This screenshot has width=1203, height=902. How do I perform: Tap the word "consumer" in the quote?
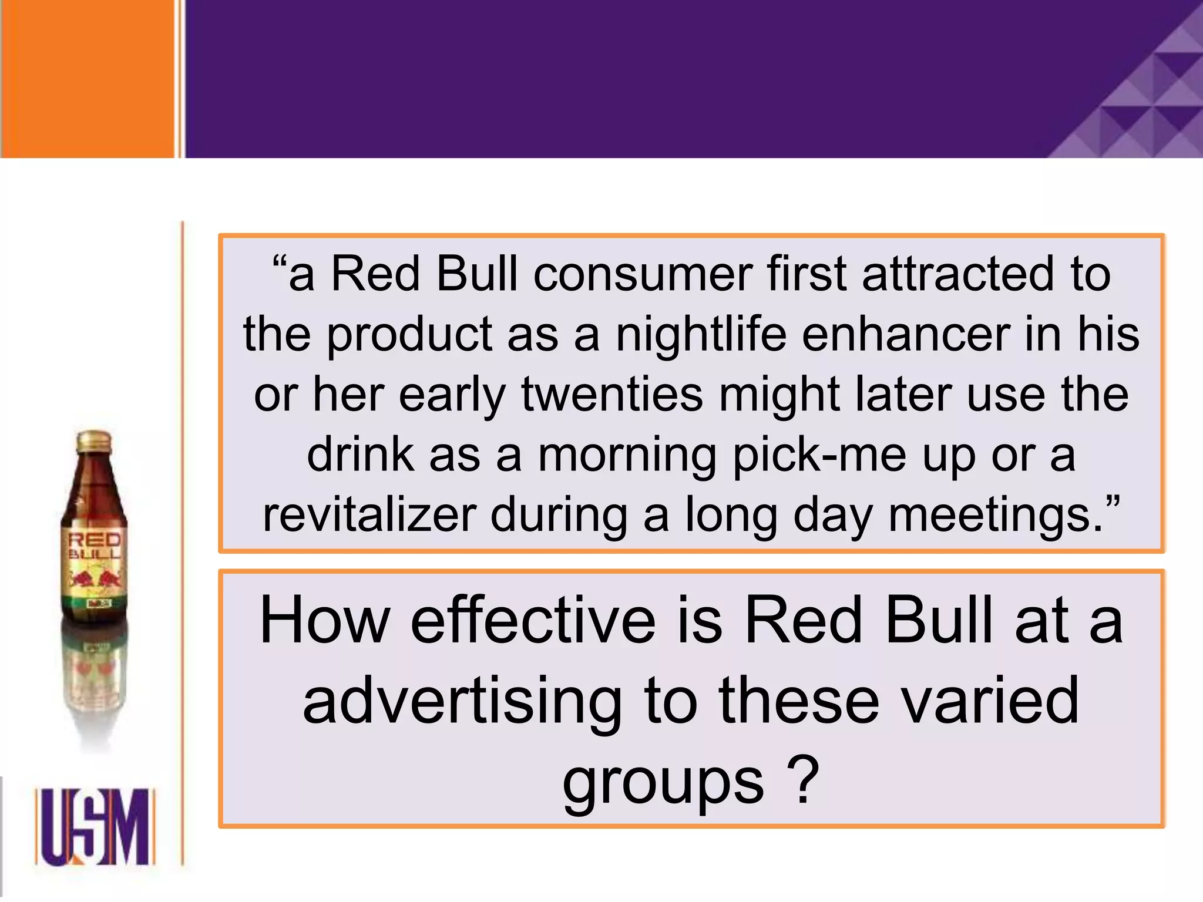pos(642,274)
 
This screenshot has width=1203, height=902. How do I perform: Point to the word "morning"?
pos(627,456)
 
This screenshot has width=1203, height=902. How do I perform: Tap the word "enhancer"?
pos(905,334)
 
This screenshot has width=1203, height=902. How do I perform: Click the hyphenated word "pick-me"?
pos(819,456)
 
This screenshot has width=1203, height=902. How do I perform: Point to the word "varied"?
pos(990,700)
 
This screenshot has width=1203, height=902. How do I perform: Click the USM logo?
pos(95,827)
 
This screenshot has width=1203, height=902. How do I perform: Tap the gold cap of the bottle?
pos(94,442)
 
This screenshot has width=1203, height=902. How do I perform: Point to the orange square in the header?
pos(87,79)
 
